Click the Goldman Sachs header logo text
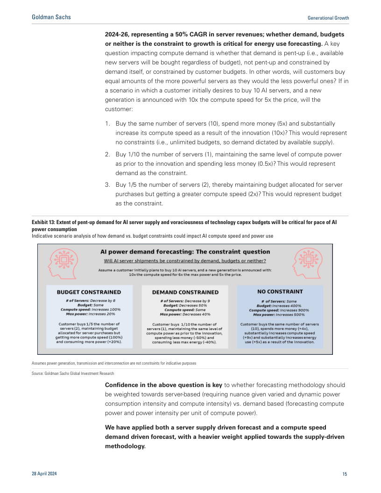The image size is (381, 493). pos(51,17)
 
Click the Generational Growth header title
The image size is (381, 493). pos(328,18)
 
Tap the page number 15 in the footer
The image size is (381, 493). pos(345,474)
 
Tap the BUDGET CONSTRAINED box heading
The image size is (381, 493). pos(89,292)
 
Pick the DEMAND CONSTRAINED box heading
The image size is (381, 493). pos(185,292)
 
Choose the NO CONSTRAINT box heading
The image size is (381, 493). pos(280,291)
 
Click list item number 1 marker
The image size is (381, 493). pos(107,124)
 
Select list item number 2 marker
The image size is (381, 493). pos(107,154)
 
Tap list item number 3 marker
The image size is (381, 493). pos(107,184)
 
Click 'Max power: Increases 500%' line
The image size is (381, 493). pos(280,315)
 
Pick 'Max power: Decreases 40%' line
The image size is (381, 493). pos(185,314)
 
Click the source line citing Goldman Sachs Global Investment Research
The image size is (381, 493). pos(73,373)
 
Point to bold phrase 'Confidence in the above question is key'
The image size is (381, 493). pos(163,385)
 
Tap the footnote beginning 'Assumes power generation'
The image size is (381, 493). pos(114,363)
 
